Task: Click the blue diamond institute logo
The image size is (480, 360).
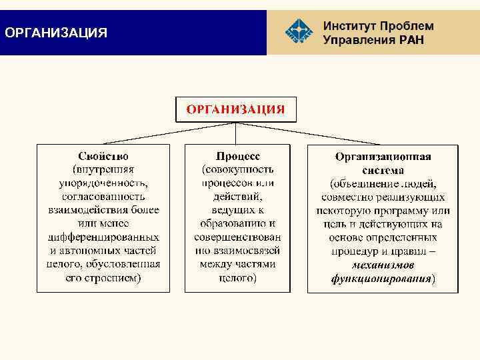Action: [298, 32]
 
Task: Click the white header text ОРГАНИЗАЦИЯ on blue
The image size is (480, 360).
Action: [55, 33]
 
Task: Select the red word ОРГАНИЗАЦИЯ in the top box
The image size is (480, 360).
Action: [235, 109]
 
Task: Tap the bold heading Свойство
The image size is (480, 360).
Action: [103, 156]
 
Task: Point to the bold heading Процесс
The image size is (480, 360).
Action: [237, 156]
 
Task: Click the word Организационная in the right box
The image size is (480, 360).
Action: [383, 157]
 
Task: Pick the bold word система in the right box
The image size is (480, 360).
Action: [383, 169]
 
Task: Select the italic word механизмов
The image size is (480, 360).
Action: [383, 265]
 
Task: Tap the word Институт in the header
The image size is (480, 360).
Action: [350, 26]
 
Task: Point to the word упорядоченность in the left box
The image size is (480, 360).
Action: [103, 183]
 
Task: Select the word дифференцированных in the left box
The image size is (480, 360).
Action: [103, 237]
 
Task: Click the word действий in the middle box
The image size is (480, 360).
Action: [237, 197]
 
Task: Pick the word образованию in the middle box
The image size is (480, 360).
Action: [238, 223]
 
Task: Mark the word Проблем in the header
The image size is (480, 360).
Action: [407, 26]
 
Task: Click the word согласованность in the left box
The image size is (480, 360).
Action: [103, 196]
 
